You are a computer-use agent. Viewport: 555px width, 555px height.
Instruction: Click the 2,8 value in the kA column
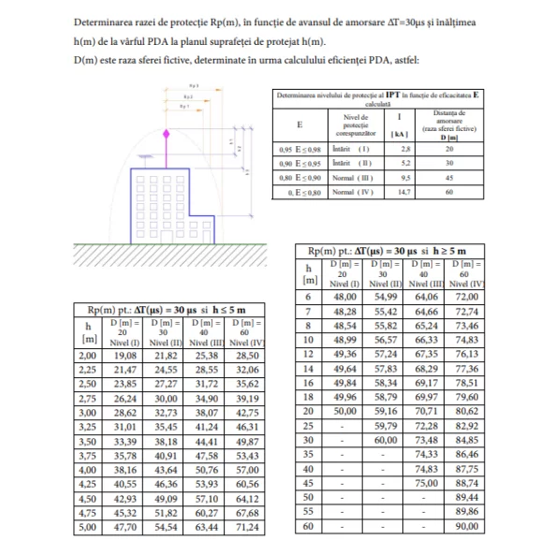(405, 149)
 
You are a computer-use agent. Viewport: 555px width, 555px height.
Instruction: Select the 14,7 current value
(405, 191)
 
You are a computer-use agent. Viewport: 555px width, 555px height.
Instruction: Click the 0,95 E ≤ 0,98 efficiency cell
(299, 149)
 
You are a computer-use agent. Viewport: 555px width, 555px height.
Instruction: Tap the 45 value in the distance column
(449, 177)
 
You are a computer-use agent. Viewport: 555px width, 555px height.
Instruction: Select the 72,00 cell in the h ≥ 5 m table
(466, 296)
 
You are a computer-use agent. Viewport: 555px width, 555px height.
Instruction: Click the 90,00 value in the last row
(466, 526)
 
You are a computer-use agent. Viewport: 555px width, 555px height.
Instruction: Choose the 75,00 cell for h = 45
(426, 483)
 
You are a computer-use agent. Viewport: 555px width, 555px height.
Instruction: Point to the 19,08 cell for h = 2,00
(124, 357)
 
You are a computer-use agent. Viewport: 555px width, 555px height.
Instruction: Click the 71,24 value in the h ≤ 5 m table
(247, 527)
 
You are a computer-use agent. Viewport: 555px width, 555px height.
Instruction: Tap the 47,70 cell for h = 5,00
(124, 527)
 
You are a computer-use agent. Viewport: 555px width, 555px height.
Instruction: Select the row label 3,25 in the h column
(87, 427)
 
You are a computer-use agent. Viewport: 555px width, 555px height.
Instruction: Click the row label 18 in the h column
(308, 397)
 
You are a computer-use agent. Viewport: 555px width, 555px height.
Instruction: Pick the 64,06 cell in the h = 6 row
(426, 296)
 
